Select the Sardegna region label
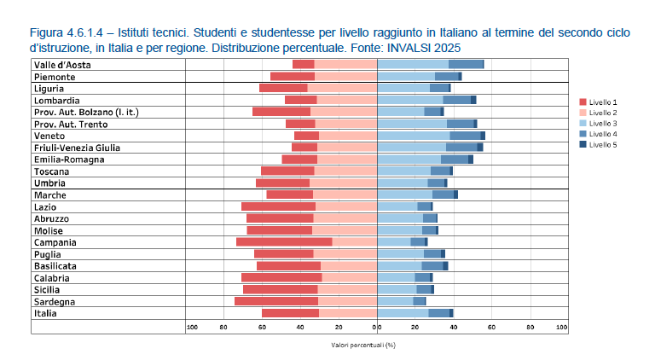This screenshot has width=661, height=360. [55, 302]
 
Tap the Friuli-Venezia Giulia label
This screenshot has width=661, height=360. [77, 148]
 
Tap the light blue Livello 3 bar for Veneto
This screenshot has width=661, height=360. [413, 136]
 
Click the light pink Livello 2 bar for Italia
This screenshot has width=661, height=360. [347, 313]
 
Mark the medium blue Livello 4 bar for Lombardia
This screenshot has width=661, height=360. [456, 100]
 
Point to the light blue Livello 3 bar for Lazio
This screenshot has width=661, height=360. [397, 206]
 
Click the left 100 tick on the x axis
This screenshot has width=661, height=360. [192, 328]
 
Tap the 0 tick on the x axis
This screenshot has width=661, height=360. [376, 328]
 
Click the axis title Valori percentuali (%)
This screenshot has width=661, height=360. [364, 345]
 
